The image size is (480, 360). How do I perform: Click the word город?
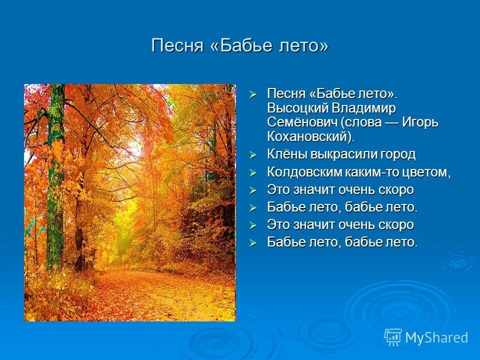coord(397,154)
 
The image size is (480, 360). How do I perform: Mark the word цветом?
coord(423,172)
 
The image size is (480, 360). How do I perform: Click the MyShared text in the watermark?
coord(436,337)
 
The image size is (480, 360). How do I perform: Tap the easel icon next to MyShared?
coord(393,337)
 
